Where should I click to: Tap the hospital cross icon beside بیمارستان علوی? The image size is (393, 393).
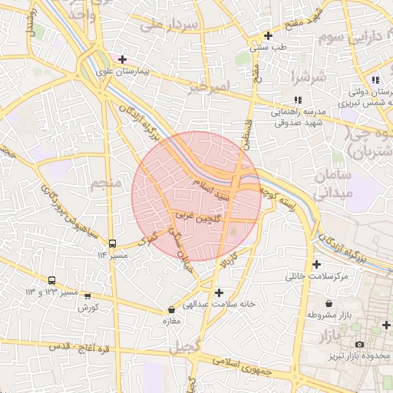pos(122,58)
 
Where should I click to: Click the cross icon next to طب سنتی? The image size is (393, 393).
pos(268,35)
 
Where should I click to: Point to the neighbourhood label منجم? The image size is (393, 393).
pos(106,184)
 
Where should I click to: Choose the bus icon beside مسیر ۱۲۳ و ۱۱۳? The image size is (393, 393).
pos(51,281)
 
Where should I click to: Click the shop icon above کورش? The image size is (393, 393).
pos(87,296)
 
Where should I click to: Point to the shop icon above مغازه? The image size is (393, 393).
pos(171,310)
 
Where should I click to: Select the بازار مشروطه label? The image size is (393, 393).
pos(329,315)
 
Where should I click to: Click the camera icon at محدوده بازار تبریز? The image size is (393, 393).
pos(359,345)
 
